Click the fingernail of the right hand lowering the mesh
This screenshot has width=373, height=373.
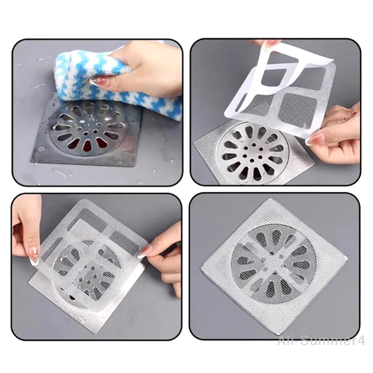(x=148, y=252)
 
